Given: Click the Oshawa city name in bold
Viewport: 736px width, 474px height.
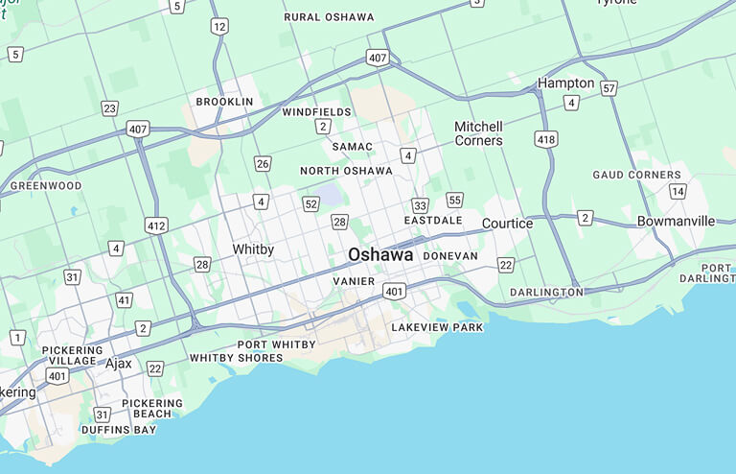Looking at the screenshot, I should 380,255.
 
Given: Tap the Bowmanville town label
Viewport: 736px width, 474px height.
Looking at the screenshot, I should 676,222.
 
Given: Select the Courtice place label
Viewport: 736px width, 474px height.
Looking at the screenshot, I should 507,224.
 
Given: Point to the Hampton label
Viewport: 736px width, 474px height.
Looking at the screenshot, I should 565,83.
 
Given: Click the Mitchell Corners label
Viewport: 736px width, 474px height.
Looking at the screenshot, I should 478,133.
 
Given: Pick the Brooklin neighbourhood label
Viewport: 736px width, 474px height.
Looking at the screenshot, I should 224,102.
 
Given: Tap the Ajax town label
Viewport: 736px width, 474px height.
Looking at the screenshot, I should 119,364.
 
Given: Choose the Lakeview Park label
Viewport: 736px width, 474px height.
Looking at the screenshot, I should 437,327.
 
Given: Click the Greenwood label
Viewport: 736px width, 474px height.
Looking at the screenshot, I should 46,185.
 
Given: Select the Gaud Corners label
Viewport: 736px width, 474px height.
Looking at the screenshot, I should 636,176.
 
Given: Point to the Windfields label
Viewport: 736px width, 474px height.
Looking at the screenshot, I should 317,112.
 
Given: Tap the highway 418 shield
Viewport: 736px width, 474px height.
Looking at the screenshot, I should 546,140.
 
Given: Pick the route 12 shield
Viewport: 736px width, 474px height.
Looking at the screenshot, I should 220,27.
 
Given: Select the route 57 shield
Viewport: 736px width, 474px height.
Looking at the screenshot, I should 609,88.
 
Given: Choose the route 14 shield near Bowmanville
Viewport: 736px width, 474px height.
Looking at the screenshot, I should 678,192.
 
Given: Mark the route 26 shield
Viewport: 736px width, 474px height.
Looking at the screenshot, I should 263,164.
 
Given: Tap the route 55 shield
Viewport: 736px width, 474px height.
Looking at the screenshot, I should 454,200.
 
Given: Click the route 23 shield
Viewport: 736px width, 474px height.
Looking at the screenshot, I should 110,108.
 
